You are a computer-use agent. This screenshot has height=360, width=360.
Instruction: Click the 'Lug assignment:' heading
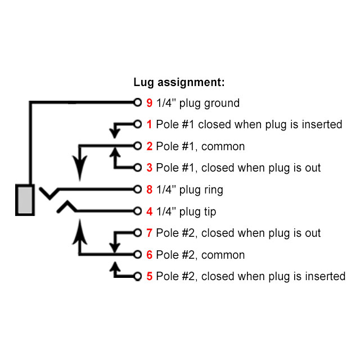[179, 82]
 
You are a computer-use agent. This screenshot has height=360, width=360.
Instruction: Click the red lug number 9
[149, 103]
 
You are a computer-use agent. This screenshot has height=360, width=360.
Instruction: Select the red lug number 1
[149, 124]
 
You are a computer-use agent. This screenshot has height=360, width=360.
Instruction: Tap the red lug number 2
[149, 146]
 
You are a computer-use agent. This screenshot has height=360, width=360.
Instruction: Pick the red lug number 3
[149, 168]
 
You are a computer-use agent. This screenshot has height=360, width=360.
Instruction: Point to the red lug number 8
[149, 190]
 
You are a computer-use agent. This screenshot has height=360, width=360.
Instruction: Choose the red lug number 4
[149, 211]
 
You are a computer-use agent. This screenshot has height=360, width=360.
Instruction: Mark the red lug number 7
[149, 233]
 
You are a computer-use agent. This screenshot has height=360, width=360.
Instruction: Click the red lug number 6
[149, 255]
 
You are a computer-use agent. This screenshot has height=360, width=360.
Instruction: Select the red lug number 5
[149, 276]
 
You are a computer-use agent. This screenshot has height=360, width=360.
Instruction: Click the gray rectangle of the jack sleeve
[25, 200]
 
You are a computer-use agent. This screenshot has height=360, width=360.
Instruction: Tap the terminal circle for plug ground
[137, 103]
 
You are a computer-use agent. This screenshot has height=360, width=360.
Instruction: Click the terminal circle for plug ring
[137, 190]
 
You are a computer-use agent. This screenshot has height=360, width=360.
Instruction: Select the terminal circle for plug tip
[137, 211]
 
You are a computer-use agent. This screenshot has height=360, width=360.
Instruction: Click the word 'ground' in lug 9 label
[221, 103]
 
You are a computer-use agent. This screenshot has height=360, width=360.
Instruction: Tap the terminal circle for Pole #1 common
[137, 146]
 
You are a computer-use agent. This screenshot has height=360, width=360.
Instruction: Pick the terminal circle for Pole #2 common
[137, 255]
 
